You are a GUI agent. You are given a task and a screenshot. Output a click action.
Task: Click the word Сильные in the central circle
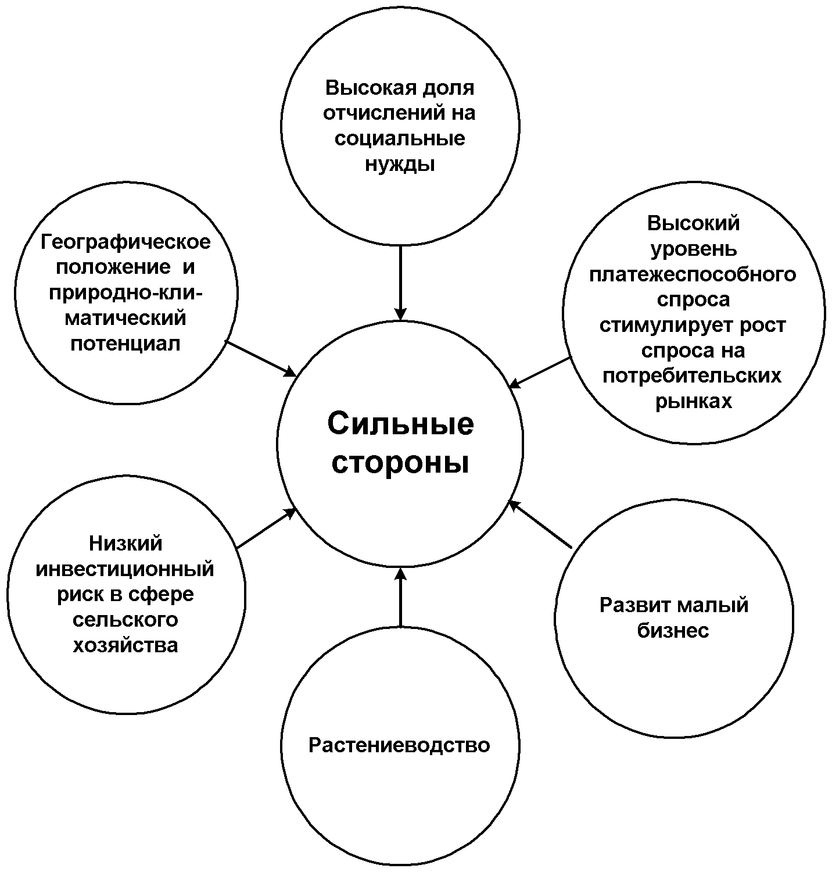[400, 424]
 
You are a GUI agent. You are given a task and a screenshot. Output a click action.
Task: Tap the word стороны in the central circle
[400, 464]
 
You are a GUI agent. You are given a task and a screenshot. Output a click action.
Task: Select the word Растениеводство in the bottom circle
[399, 745]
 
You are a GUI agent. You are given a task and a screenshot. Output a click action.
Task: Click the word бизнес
[673, 631]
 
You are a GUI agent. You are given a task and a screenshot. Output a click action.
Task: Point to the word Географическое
[125, 242]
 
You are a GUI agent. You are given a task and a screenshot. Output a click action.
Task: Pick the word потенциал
[125, 343]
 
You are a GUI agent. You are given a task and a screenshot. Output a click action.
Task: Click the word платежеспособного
[693, 274]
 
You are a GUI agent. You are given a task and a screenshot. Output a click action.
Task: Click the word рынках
[693, 401]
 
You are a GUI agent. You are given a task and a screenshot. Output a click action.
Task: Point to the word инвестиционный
[125, 569]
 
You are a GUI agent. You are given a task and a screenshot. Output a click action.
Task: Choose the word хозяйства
[125, 645]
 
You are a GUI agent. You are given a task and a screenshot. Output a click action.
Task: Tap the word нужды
[400, 165]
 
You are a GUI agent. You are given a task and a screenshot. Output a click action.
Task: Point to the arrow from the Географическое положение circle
[261, 358]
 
